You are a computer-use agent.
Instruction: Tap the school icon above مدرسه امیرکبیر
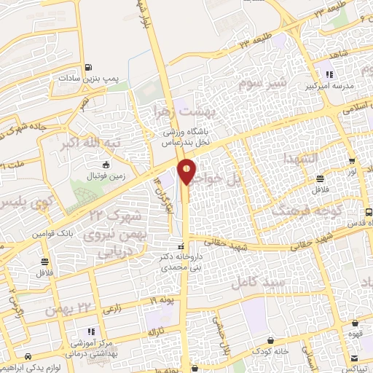(329, 74)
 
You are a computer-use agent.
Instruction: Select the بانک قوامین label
(52, 234)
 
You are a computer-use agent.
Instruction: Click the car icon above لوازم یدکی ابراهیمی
(28, 357)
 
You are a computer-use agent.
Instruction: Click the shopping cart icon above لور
(352, 162)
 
